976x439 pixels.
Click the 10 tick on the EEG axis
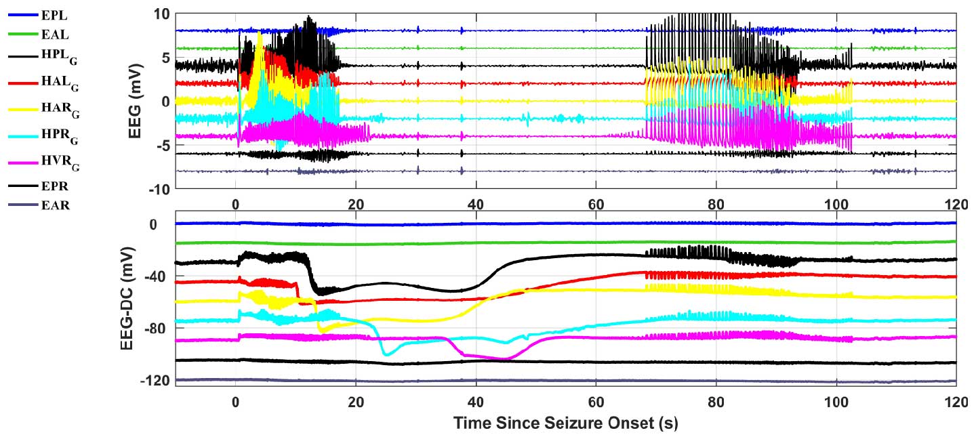tap(161, 14)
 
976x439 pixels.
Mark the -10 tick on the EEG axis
tap(157, 189)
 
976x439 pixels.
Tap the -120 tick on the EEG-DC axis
tap(155, 380)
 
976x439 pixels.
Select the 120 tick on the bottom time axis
tap(956, 401)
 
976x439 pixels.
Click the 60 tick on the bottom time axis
tap(596, 401)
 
